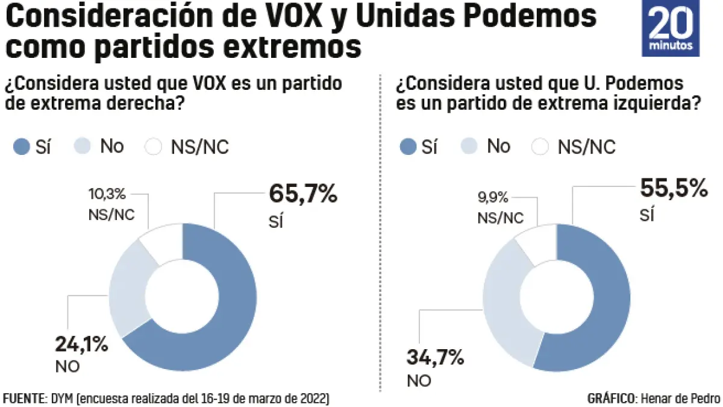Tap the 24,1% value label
(81, 345)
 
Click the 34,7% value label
(436, 358)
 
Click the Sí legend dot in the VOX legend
(22, 147)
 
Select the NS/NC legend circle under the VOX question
(154, 147)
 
